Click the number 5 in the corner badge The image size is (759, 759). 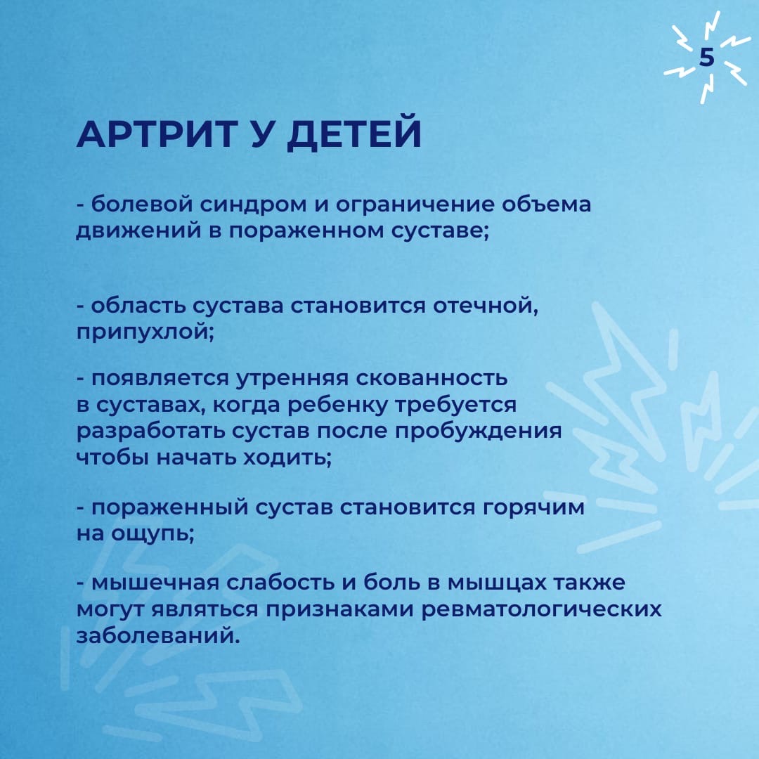(x=706, y=57)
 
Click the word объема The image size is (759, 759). (x=546, y=204)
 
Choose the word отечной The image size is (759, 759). (x=485, y=306)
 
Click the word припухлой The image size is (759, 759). (x=145, y=334)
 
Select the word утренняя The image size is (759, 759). (x=292, y=379)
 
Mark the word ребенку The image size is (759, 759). (x=338, y=406)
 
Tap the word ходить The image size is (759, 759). (x=287, y=458)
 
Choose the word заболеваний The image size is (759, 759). (x=158, y=636)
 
